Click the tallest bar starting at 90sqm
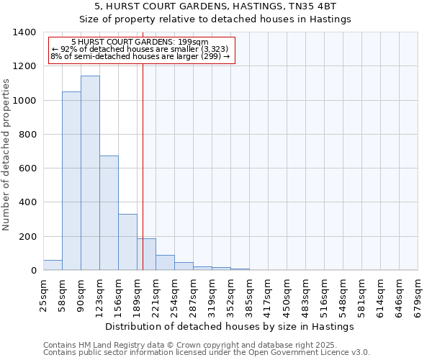point(90,173)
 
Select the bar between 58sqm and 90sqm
point(71,181)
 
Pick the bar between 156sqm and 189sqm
point(127,242)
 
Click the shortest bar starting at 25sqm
point(53,265)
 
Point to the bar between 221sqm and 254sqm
point(165,263)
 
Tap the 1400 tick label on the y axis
point(24,32)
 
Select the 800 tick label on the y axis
point(27,135)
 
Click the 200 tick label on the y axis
point(27,237)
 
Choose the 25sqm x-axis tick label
point(44,294)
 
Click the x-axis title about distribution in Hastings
point(229,326)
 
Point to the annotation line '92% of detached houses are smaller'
point(140,49)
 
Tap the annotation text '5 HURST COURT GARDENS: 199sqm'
point(140,42)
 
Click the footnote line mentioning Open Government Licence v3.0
point(207,352)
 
